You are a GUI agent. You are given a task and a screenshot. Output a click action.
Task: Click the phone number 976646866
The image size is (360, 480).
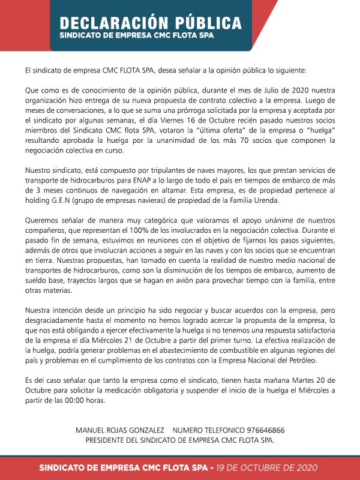(260, 430)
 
